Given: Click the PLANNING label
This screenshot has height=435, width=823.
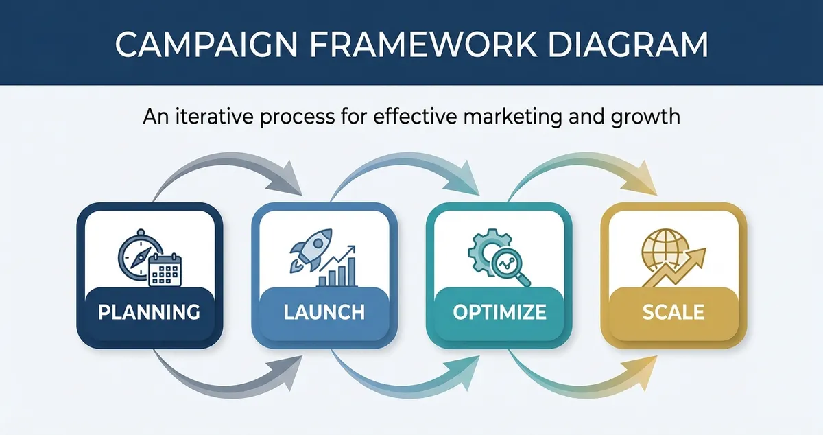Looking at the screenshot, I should coord(149,312).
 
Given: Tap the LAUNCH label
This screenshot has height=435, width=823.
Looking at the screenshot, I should coord(324,312).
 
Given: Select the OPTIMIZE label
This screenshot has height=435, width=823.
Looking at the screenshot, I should coord(499,312).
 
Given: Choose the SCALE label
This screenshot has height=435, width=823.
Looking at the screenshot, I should coord(673,312).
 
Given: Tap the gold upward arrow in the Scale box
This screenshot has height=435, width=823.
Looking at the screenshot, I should coord(686,264).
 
